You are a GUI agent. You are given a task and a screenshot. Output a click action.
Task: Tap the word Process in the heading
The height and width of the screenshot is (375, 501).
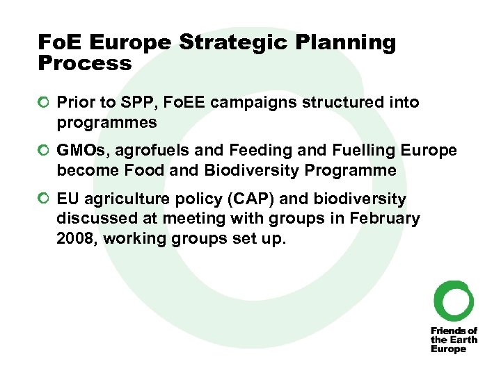(85, 64)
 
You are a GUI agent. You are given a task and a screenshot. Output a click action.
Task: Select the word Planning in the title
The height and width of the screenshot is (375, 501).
(346, 43)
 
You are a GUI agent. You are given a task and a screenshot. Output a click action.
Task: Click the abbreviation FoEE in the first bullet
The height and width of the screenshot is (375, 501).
(184, 103)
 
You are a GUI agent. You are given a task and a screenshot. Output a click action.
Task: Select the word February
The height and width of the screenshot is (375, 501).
(386, 219)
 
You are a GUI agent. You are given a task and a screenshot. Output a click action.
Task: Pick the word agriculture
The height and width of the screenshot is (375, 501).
(122, 199)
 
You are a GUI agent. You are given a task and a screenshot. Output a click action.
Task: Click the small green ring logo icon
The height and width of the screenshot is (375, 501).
(454, 301)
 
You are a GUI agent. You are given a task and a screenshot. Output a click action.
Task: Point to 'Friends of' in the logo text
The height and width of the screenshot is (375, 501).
(454, 331)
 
